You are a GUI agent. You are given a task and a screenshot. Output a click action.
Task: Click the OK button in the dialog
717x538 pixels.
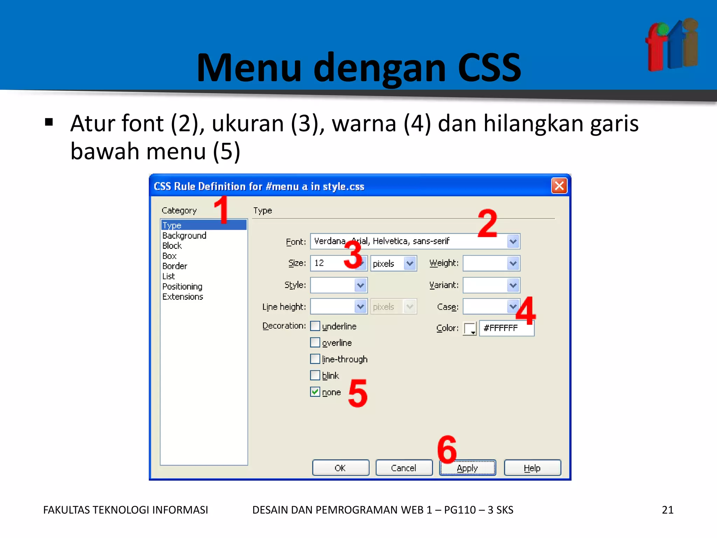(340, 468)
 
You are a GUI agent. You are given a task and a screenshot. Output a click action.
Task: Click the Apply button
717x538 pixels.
(467, 468)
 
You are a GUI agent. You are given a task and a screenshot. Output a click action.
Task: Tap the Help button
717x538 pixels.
(532, 468)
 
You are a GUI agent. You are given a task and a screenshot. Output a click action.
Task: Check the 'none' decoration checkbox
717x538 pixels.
(315, 392)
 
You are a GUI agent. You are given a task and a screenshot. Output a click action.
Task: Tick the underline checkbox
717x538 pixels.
(315, 326)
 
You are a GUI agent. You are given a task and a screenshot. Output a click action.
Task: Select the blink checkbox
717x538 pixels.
(315, 375)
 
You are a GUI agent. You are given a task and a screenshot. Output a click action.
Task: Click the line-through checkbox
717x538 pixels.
(315, 359)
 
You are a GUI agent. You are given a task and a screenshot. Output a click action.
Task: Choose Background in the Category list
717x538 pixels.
(184, 235)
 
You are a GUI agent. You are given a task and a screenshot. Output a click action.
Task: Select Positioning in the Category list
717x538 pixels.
(182, 287)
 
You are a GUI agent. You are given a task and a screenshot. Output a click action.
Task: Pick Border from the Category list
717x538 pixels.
(175, 266)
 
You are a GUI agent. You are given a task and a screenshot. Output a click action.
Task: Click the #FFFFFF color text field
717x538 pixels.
(506, 328)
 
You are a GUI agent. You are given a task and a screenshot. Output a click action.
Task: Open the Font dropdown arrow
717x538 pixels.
(513, 241)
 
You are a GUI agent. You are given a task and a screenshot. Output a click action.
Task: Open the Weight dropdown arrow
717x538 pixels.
(513, 263)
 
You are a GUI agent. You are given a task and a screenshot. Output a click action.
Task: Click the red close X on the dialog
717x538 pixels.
(559, 186)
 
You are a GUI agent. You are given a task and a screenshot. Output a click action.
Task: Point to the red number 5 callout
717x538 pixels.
(358, 394)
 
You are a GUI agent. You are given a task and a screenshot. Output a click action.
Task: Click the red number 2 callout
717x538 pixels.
(487, 223)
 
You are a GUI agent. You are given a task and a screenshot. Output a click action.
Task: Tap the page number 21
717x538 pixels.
(667, 510)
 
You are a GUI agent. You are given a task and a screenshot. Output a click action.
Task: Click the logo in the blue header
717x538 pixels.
(671, 45)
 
